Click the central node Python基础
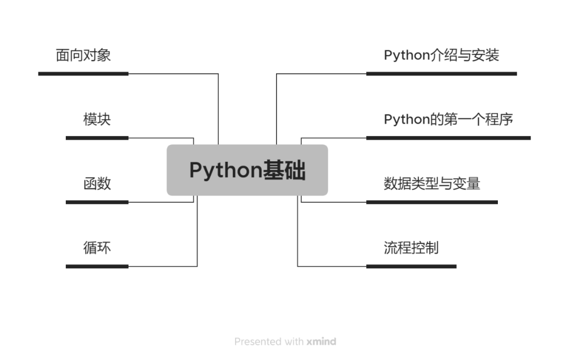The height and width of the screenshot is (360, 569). (x=247, y=170)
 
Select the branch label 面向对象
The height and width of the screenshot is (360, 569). (x=83, y=55)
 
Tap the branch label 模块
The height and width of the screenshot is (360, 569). (x=97, y=119)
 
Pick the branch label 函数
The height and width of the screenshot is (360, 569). (x=97, y=183)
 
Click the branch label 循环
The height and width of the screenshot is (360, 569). (x=97, y=248)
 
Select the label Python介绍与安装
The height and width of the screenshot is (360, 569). (x=441, y=55)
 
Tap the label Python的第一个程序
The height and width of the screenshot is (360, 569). (x=448, y=119)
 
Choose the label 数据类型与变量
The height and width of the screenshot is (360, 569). (x=431, y=183)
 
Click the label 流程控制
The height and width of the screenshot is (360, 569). (x=411, y=248)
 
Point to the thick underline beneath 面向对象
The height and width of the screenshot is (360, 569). (x=83, y=74)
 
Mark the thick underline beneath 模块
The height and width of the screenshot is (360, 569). (x=97, y=138)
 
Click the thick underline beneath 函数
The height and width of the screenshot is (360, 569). (x=97, y=202)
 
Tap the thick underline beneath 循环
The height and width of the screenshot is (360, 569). (x=97, y=267)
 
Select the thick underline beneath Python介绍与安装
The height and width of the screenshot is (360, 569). (x=442, y=74)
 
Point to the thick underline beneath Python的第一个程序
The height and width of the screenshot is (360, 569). (x=448, y=138)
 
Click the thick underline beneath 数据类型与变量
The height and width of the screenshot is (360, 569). (x=432, y=202)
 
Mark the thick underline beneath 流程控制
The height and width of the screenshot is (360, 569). (x=411, y=267)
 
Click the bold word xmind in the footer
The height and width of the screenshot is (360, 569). (x=321, y=342)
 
